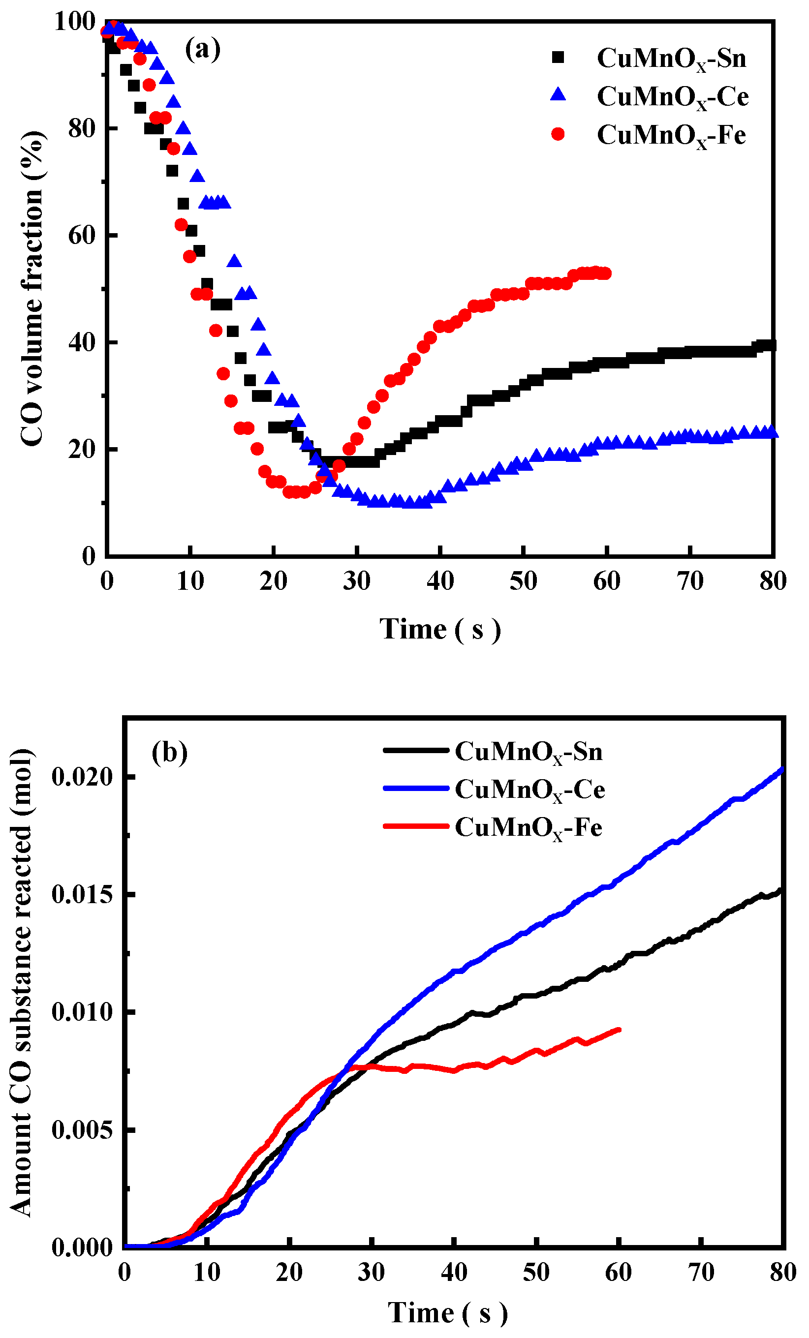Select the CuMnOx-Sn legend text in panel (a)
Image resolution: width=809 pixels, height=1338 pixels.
[x=672, y=59]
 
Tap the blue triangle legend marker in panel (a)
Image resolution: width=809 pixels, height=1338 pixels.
[x=558, y=95]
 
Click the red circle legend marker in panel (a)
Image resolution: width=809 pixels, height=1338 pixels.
[x=558, y=134]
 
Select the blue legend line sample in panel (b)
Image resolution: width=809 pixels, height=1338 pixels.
[x=416, y=789]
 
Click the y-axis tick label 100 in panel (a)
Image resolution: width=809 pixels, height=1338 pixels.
[x=75, y=22]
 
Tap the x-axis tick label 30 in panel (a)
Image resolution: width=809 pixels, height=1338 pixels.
[x=357, y=581]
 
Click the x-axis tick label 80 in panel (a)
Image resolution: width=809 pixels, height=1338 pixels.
[x=773, y=581]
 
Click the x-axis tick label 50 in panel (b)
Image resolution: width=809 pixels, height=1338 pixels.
[x=536, y=1272]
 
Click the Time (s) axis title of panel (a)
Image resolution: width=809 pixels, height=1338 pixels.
[x=440, y=630]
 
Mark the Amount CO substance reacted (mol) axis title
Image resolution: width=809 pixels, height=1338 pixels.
[x=22, y=983]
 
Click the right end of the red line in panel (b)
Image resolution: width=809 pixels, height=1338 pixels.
[x=619, y=1030]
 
